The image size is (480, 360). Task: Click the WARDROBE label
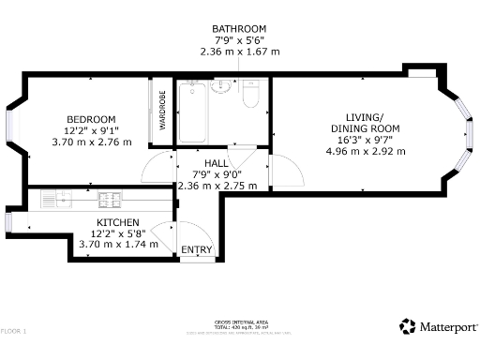162,110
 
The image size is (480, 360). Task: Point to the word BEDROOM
90,119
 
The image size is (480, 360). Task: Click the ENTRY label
196,250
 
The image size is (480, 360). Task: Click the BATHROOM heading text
239,29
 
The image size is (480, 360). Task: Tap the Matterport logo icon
408,326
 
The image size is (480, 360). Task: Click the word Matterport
445,327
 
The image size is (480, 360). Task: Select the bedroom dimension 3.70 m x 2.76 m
91,142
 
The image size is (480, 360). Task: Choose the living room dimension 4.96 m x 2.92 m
365,150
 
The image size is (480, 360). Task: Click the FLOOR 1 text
13,331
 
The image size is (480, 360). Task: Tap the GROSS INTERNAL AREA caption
239,322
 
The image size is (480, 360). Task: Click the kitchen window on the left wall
7,221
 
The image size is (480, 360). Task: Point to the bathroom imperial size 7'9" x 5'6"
239,40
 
